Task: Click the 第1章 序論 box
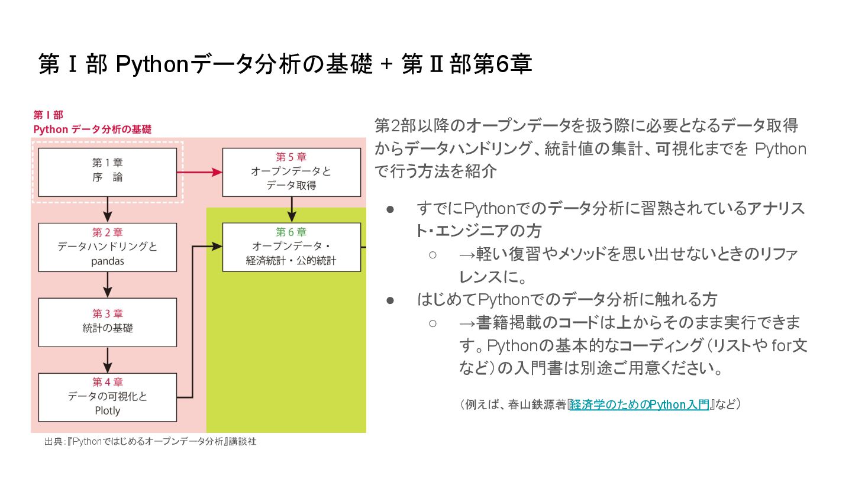click(x=107, y=171)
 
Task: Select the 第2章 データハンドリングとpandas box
click(x=107, y=247)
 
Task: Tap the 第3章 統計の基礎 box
click(x=107, y=322)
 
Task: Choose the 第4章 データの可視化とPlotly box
click(x=107, y=397)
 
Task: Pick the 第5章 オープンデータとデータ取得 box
click(x=291, y=171)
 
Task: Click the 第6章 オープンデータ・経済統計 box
click(x=291, y=247)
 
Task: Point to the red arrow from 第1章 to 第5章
click(x=199, y=171)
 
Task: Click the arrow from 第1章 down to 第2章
click(x=107, y=209)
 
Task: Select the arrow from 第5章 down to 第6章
click(x=291, y=209)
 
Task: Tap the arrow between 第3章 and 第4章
click(x=107, y=359)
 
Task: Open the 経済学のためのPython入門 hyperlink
click(x=639, y=405)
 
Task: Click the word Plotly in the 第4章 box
click(x=107, y=410)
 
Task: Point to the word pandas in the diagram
click(x=107, y=261)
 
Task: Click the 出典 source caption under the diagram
click(x=150, y=441)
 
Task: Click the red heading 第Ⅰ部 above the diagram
click(x=48, y=115)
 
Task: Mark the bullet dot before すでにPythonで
click(x=390, y=209)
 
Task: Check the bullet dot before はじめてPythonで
click(x=390, y=300)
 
